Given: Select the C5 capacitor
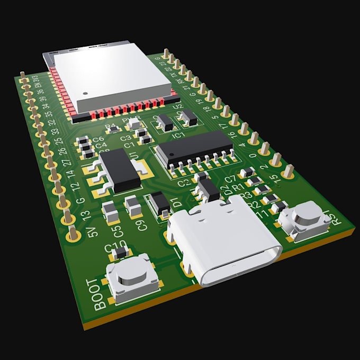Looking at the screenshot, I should tap(110, 211).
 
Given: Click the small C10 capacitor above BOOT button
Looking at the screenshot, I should tap(121, 254).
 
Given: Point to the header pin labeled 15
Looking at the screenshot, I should tap(287, 171).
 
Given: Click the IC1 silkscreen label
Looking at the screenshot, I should tap(179, 135).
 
